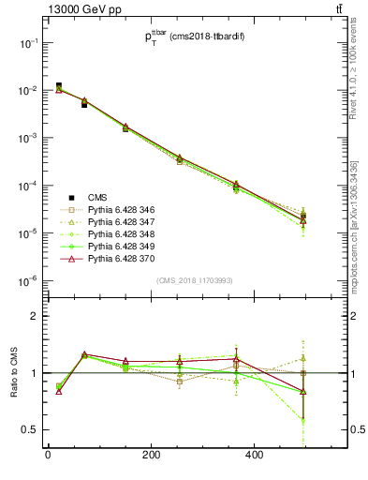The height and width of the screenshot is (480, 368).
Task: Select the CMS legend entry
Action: (98, 197)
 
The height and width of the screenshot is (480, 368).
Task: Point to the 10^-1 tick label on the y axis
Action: (28, 43)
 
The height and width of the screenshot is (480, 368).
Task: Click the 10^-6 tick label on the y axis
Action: (28, 280)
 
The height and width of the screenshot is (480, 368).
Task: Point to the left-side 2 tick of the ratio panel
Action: (35, 317)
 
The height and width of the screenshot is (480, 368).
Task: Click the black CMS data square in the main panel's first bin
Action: (58, 86)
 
